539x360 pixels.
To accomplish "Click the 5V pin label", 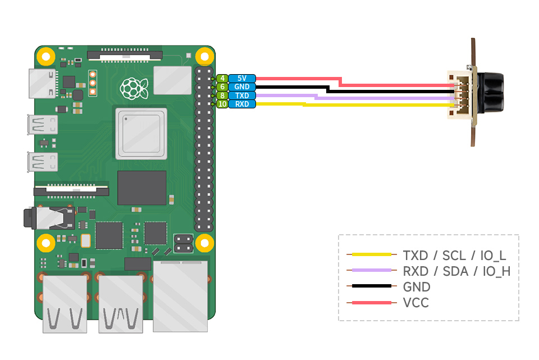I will (x=242, y=79).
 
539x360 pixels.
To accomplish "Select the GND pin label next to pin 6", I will (x=242, y=87).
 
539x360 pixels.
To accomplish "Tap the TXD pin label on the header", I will (x=242, y=95).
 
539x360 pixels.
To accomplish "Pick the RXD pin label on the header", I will (x=242, y=104).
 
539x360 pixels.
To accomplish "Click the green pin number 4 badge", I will (x=222, y=79).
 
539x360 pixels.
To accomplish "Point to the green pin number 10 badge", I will (x=222, y=104).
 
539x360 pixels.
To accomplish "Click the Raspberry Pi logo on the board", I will (x=134, y=86).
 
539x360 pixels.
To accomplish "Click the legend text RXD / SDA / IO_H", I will (x=456, y=271).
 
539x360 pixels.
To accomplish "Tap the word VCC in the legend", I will (x=415, y=303).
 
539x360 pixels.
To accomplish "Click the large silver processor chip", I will (x=141, y=134).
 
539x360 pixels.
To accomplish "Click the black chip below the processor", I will (x=141, y=188).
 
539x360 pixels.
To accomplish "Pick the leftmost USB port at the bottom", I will (x=65, y=303).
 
